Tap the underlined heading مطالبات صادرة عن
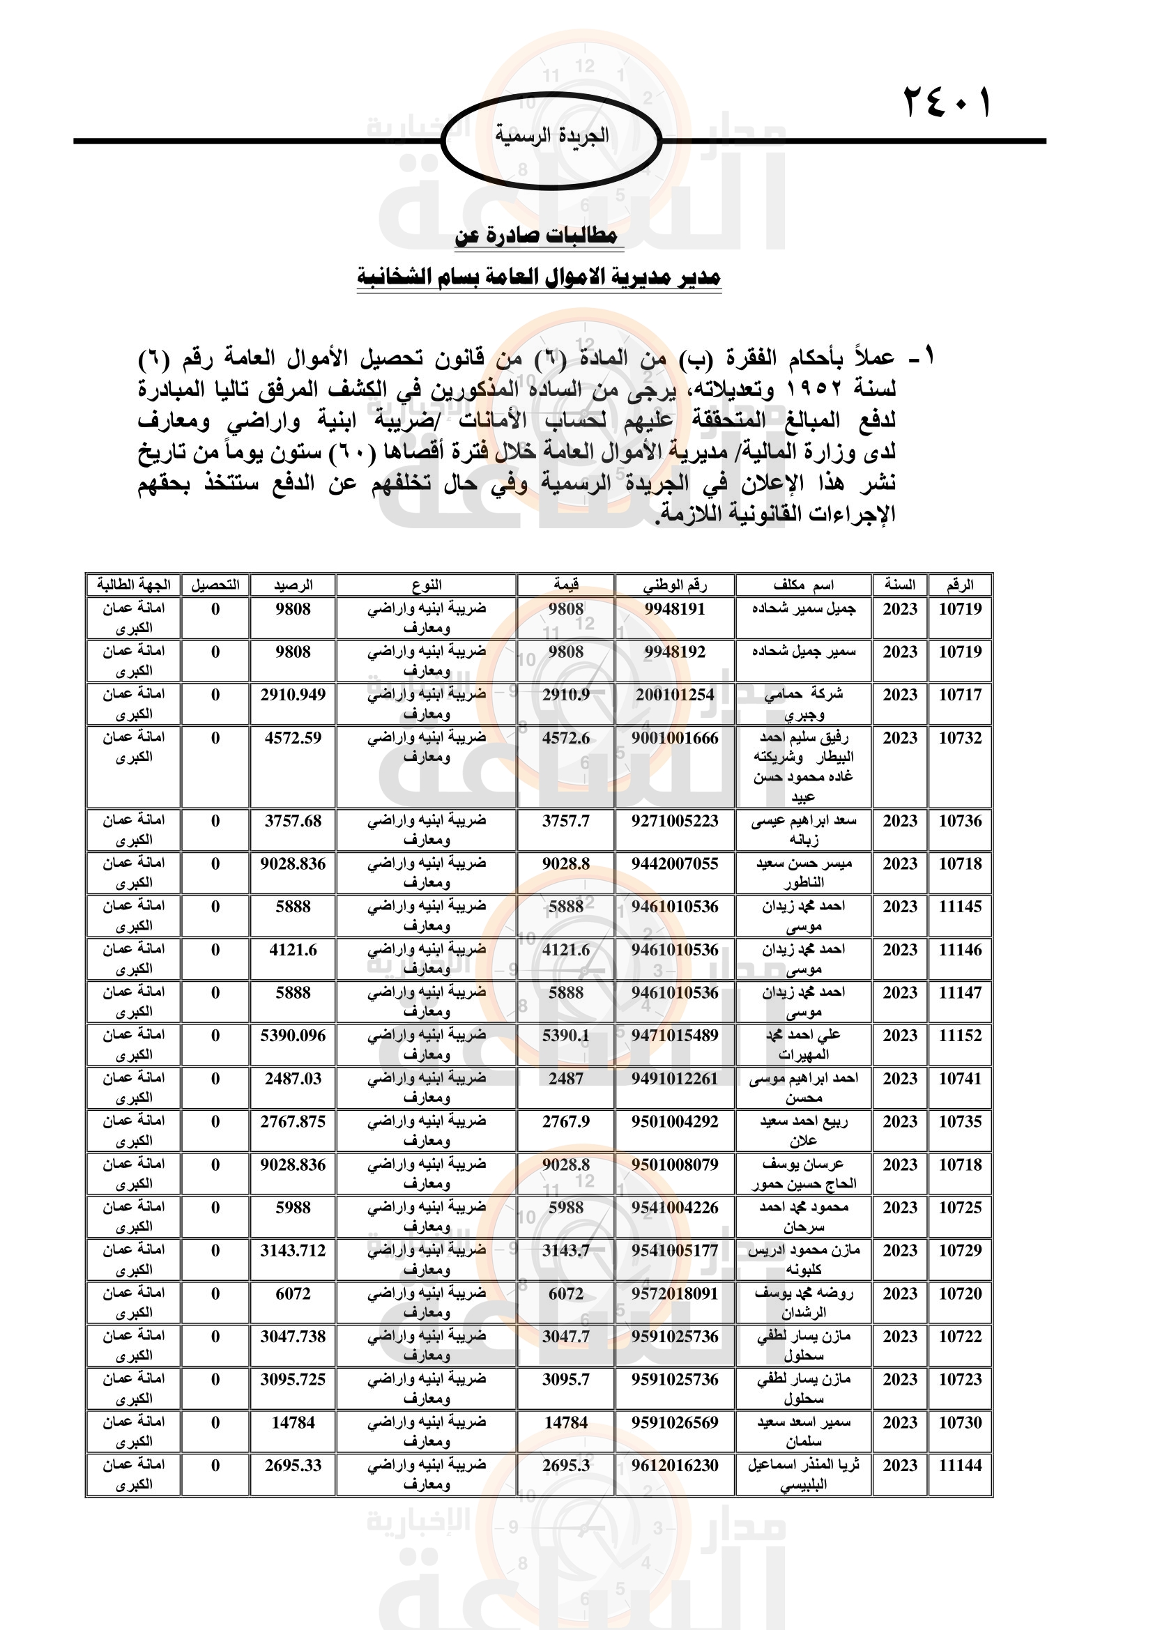point(537,236)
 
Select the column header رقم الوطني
point(675,585)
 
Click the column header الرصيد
point(293,585)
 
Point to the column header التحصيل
point(215,585)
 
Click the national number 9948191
point(675,609)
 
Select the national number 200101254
point(675,695)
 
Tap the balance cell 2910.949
point(293,695)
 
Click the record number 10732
point(960,738)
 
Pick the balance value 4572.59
point(293,738)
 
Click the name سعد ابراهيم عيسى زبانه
point(804,830)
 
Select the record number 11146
point(960,950)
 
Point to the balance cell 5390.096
point(293,1036)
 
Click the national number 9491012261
point(675,1079)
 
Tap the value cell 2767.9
point(566,1122)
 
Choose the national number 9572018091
point(675,1293)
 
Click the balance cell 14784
point(293,1423)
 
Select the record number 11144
point(960,1466)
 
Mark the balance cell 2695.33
point(293,1466)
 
